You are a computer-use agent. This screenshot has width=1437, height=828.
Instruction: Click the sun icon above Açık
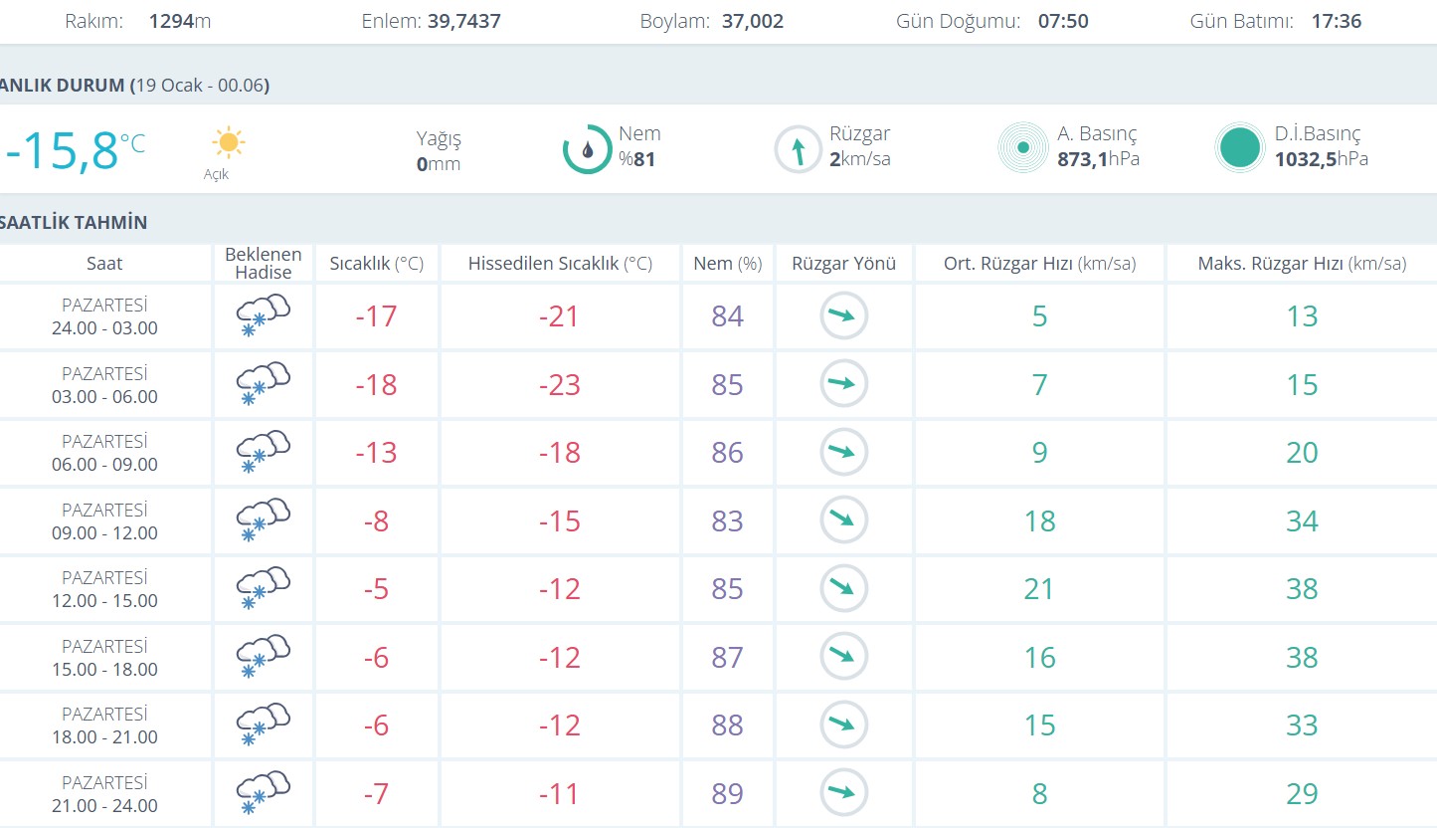click(228, 142)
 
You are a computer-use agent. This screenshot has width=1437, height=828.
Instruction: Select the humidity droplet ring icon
click(587, 149)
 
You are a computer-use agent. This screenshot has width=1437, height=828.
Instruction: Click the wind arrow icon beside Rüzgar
click(798, 150)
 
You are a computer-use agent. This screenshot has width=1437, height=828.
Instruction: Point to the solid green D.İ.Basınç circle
click(1239, 148)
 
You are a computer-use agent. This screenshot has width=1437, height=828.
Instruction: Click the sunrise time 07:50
click(1063, 21)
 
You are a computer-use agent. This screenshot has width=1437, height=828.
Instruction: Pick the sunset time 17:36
click(1337, 21)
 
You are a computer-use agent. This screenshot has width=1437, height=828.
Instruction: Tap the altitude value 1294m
click(180, 21)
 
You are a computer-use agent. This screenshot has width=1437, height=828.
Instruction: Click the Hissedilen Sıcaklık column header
click(560, 264)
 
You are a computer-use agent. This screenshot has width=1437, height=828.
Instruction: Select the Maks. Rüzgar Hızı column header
click(1302, 264)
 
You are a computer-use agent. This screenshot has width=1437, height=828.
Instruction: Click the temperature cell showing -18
click(376, 385)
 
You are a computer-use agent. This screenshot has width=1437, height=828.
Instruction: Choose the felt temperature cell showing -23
click(559, 385)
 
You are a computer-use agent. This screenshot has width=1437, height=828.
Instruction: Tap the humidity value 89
click(727, 794)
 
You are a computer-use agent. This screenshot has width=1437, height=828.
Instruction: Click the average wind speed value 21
click(1039, 589)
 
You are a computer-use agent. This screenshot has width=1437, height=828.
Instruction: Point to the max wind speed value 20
click(1302, 453)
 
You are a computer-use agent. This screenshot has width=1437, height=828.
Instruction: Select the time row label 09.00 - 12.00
click(104, 532)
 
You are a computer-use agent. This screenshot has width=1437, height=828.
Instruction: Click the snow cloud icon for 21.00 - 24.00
click(263, 792)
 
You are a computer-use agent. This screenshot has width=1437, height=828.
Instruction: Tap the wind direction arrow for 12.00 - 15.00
click(843, 588)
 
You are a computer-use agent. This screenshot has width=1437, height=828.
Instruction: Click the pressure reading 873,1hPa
click(1098, 159)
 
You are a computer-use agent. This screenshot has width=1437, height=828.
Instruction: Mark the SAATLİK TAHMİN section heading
click(74, 222)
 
